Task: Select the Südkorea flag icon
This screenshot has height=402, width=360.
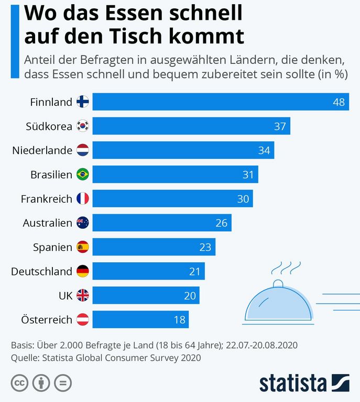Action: [x=83, y=126]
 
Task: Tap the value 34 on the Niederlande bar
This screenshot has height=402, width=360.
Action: [x=264, y=151]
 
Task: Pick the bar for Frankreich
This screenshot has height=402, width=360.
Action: [x=173, y=199]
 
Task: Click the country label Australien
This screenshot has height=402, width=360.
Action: [x=47, y=223]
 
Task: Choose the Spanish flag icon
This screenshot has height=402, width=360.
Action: [x=83, y=247]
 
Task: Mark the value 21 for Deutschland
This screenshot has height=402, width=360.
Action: [x=194, y=272]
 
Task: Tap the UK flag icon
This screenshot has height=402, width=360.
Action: [x=83, y=296]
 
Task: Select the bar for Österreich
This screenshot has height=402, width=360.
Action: [x=140, y=320]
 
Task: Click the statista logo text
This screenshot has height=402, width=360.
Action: [x=293, y=383]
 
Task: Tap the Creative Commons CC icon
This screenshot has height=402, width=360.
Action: [x=19, y=383]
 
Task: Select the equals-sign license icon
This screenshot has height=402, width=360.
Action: [x=63, y=383]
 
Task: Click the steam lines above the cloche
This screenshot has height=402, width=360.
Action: [x=280, y=269]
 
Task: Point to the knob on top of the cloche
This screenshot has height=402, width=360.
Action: [x=278, y=284]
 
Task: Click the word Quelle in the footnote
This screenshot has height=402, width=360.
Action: [x=25, y=358]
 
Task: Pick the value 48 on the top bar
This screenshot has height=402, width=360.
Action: [x=339, y=102]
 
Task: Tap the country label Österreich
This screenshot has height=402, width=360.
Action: [x=47, y=320]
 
